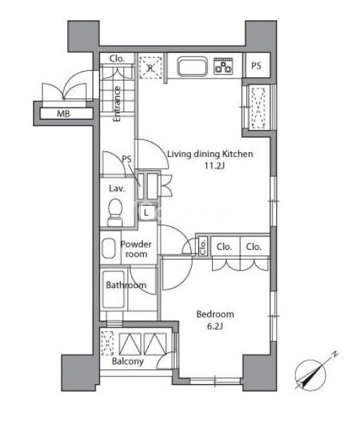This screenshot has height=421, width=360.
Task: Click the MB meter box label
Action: (x=64, y=114)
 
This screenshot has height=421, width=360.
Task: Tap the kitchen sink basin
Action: (x=192, y=66)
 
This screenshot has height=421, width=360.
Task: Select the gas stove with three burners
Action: (x=223, y=66)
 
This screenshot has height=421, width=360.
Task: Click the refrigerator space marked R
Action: (x=151, y=68)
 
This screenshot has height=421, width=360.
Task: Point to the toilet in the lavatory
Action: (x=115, y=212)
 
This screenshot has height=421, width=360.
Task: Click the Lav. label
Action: (x=117, y=188)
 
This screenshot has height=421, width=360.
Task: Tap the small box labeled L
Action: (x=146, y=213)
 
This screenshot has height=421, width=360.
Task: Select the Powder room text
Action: (x=136, y=249)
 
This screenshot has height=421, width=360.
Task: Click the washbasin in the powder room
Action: (x=108, y=248)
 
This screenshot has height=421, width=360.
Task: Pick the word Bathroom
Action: (x=126, y=285)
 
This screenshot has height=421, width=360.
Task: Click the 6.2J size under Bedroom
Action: (x=215, y=326)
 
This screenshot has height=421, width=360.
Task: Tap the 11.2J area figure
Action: (x=214, y=166)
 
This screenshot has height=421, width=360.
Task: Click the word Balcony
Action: (x=128, y=362)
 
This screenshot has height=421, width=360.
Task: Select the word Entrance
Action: (x=117, y=104)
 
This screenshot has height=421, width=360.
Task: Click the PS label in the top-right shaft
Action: (x=256, y=66)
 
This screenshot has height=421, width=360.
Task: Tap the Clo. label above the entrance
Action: (x=117, y=59)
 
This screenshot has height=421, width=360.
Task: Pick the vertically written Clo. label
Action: (x=203, y=247)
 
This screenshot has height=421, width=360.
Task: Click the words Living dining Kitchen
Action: (x=210, y=154)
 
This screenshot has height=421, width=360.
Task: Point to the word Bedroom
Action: (x=215, y=314)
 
